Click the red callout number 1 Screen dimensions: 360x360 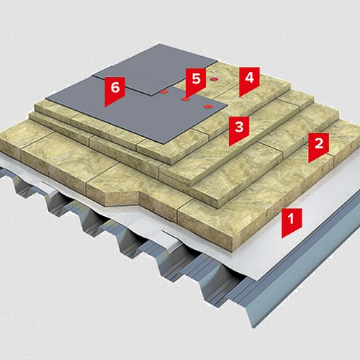click(x=292, y=221)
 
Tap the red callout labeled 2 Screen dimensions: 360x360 click(x=318, y=145)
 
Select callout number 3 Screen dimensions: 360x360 click(x=239, y=129)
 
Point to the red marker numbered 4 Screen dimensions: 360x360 click(x=249, y=80)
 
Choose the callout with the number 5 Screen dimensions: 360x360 click(x=196, y=81)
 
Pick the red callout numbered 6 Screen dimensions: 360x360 click(x=114, y=89)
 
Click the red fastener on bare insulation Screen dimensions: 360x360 click(x=212, y=79)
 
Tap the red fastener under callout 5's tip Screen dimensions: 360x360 click(x=185, y=99)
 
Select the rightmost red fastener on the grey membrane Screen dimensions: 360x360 click(x=207, y=106)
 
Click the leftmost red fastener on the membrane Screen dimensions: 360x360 click(x=164, y=91)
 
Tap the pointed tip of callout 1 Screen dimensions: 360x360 click(x=282, y=238)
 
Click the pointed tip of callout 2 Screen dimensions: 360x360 click(x=309, y=163)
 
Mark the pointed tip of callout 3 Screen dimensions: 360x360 click(x=229, y=146)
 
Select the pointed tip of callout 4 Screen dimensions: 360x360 click(x=240, y=97)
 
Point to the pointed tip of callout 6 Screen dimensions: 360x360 click(x=105, y=107)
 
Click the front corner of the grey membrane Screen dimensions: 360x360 click(x=165, y=144)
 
